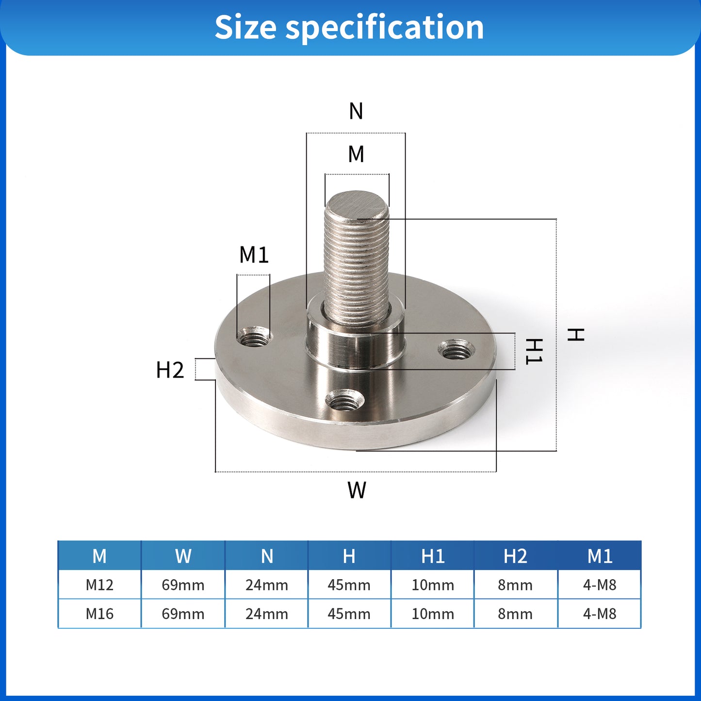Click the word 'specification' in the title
pyautogui.click(x=384, y=28)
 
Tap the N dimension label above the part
pyautogui.click(x=356, y=111)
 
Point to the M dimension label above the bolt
pyautogui.click(x=356, y=154)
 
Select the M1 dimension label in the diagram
pyautogui.click(x=254, y=255)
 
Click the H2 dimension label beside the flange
pyautogui.click(x=170, y=370)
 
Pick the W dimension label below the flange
pyautogui.click(x=357, y=490)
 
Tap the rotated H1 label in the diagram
pyautogui.click(x=534, y=351)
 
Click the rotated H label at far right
pyautogui.click(x=576, y=334)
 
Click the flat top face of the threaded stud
pyautogui.click(x=357, y=205)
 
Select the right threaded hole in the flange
pyautogui.click(x=456, y=349)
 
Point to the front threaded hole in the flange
pyautogui.click(x=344, y=401)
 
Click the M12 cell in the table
pyautogui.click(x=99, y=585)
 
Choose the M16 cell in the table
pyautogui.click(x=99, y=614)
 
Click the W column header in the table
pyautogui.click(x=183, y=556)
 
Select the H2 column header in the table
pyautogui.click(x=515, y=556)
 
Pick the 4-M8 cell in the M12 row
pyautogui.click(x=600, y=585)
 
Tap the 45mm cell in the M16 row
pyautogui.click(x=349, y=614)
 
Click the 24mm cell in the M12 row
pyautogui.click(x=266, y=585)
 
